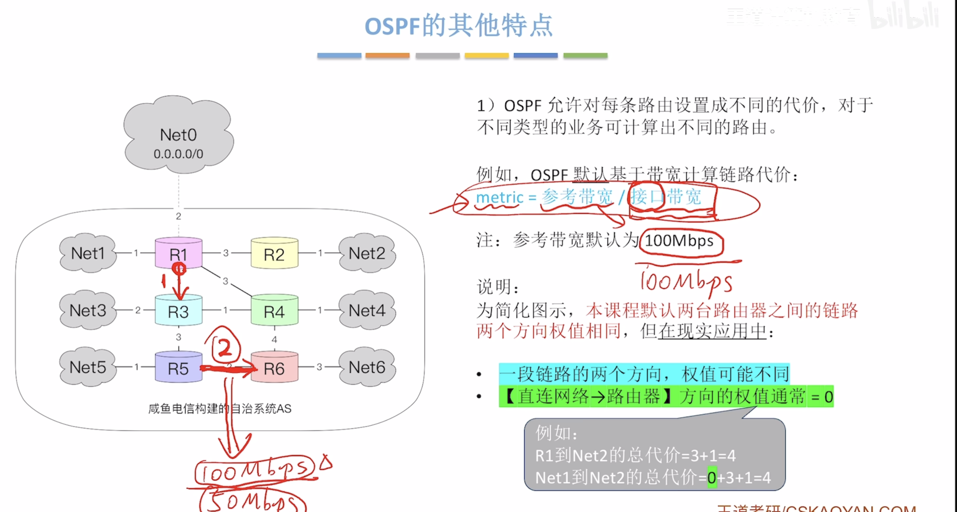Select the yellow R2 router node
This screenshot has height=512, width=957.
tap(274, 254)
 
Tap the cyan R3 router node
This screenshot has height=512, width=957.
tap(178, 311)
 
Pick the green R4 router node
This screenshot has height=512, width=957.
tap(274, 311)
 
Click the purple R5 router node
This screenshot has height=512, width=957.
tap(178, 368)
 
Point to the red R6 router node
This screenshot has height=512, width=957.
tap(274, 368)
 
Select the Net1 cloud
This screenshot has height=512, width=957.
tap(88, 253)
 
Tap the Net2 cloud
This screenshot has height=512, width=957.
tap(367, 253)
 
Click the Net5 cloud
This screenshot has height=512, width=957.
tap(88, 367)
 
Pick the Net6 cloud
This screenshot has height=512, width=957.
tap(367, 367)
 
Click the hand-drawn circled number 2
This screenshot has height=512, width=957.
tap(225, 347)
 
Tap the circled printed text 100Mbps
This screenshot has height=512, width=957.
tap(679, 241)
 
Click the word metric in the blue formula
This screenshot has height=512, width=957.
tap(499, 197)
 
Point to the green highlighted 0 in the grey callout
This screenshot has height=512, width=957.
tap(711, 478)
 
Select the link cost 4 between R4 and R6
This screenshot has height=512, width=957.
tap(274, 339)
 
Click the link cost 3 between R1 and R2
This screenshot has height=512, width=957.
tap(226, 253)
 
